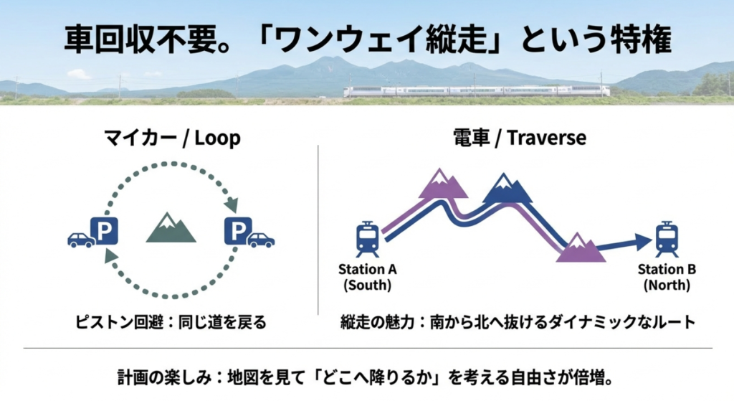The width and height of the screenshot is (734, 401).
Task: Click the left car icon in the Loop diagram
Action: point(81,240)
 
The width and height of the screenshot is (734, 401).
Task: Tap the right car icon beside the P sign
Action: point(261,240)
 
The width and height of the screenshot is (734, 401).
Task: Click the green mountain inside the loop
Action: point(171,228)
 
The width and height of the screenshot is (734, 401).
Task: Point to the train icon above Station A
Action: point(368,239)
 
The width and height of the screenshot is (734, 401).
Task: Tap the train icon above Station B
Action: point(667,239)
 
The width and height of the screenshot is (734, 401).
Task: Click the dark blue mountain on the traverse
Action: point(507,189)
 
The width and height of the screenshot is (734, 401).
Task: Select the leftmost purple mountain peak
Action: point(443,185)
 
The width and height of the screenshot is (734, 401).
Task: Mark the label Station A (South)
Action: point(368,277)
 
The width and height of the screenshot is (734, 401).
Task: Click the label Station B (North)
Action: point(667,277)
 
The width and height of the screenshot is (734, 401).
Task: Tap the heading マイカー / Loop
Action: point(169,138)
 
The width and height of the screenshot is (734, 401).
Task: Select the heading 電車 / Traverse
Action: point(519,138)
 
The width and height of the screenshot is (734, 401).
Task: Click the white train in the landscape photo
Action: point(476,91)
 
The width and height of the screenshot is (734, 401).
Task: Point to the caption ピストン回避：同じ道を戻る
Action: point(171,322)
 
